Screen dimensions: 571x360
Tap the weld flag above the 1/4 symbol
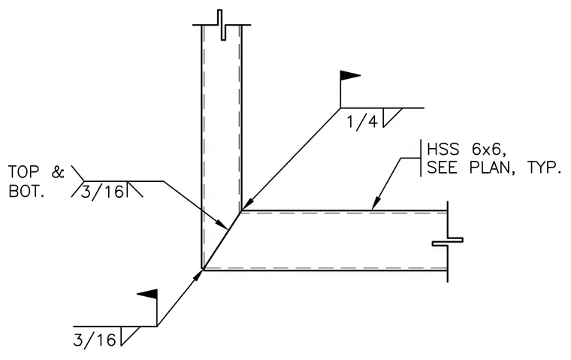350,75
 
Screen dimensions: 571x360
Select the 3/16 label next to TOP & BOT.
102,191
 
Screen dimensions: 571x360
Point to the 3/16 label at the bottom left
95,340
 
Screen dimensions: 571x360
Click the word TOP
23,172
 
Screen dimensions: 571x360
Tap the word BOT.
26,192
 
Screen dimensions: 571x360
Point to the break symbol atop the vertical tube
222,25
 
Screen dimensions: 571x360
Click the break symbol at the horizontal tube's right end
448,241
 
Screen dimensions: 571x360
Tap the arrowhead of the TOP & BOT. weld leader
222,225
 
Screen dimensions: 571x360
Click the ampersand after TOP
58,172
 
